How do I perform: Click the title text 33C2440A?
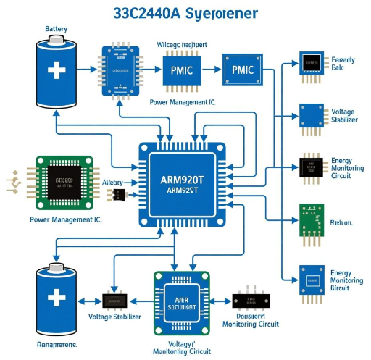click(145, 14)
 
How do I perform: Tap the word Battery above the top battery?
click(57, 29)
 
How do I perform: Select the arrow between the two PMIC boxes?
click(212, 70)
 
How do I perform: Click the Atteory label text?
click(112, 183)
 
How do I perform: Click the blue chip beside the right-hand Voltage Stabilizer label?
click(312, 114)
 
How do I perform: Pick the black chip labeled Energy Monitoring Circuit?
click(312, 167)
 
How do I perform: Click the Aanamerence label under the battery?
click(57, 345)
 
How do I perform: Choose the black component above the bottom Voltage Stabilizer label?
click(115, 300)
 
